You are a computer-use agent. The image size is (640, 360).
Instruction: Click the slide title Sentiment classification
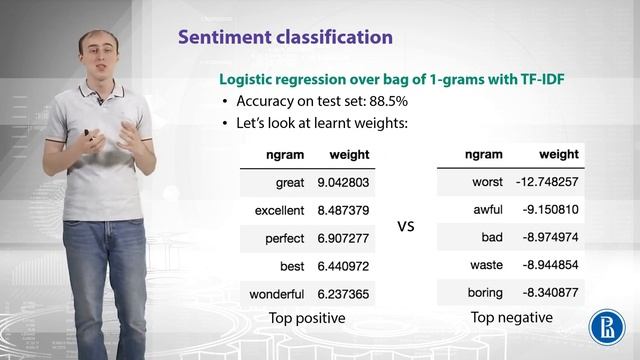[x=285, y=38]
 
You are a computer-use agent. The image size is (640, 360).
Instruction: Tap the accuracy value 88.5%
[x=385, y=102]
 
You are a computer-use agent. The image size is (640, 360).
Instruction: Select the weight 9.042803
[x=343, y=184]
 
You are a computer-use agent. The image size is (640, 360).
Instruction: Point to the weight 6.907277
[x=343, y=239]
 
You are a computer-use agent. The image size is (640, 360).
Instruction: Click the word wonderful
[x=277, y=294]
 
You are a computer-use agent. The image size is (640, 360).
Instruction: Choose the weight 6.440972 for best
[x=343, y=267]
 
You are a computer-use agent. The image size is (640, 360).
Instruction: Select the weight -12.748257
[x=548, y=183]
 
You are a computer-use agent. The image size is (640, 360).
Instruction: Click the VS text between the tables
[x=406, y=227]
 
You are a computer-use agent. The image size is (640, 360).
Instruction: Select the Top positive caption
[x=307, y=318]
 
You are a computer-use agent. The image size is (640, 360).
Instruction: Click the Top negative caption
[x=510, y=318]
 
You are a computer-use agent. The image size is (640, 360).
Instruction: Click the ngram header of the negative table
[x=484, y=155]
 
